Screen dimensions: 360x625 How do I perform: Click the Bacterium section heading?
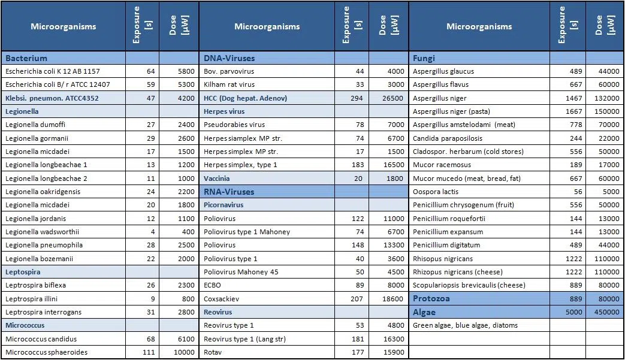pyautogui.click(x=26, y=58)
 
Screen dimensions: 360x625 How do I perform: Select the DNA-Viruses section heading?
pyautogui.click(x=229, y=58)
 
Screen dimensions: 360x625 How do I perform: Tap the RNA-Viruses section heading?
pyautogui.click(x=229, y=192)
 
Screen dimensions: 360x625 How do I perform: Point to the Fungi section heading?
pyautogui.click(x=424, y=58)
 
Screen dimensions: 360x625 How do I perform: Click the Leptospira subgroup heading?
pyautogui.click(x=23, y=272)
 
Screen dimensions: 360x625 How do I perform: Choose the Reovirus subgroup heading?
pyautogui.click(x=218, y=312)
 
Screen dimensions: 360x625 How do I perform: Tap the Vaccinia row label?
pyautogui.click(x=216, y=179)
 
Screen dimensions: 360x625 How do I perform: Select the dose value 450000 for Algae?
pyautogui.click(x=608, y=312)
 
